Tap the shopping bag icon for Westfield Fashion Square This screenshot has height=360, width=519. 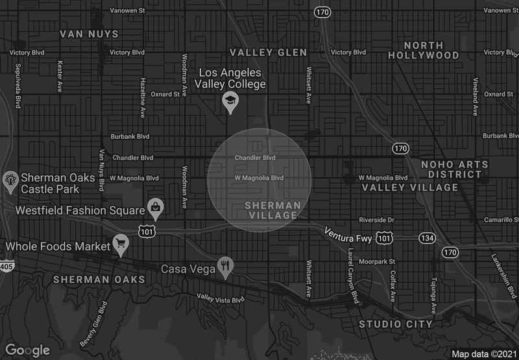click(155, 207)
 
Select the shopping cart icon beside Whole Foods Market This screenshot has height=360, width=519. click(120, 243)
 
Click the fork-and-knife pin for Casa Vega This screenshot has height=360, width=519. click(225, 265)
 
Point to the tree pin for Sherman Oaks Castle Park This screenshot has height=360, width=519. click(10, 180)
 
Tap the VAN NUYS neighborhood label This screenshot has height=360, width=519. click(90, 33)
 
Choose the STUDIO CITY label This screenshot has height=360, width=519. click(396, 324)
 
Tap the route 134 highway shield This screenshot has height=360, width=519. click(426, 239)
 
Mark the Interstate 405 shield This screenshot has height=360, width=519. click(5, 266)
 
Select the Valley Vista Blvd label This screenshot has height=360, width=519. click(221, 298)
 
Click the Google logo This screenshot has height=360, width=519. click(28, 350)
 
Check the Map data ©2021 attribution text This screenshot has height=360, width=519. click(483, 354)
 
